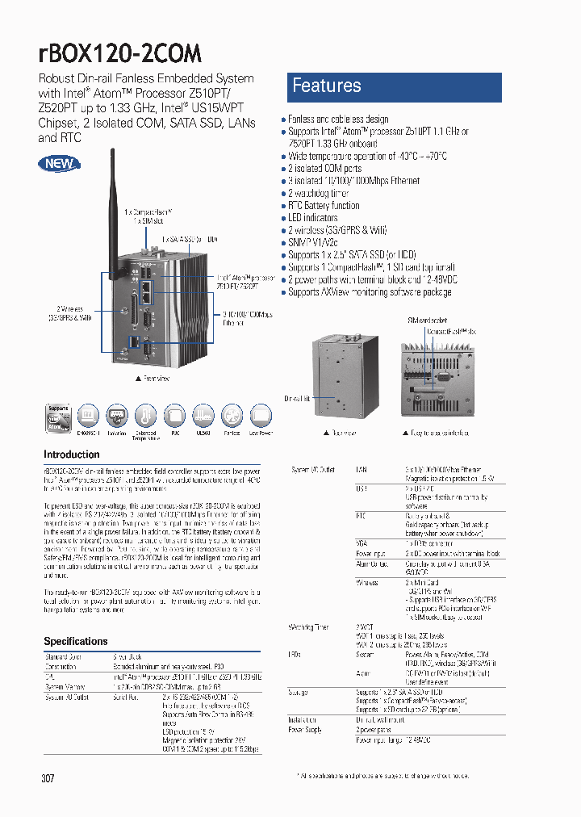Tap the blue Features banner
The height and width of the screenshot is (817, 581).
(x=394, y=86)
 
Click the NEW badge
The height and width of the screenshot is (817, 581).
(x=59, y=164)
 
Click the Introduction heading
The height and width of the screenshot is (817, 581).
(x=72, y=455)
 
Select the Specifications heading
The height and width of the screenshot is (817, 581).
(x=76, y=641)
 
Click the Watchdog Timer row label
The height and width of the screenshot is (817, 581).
(x=308, y=626)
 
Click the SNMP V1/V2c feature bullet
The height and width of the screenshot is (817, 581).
(x=313, y=242)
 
